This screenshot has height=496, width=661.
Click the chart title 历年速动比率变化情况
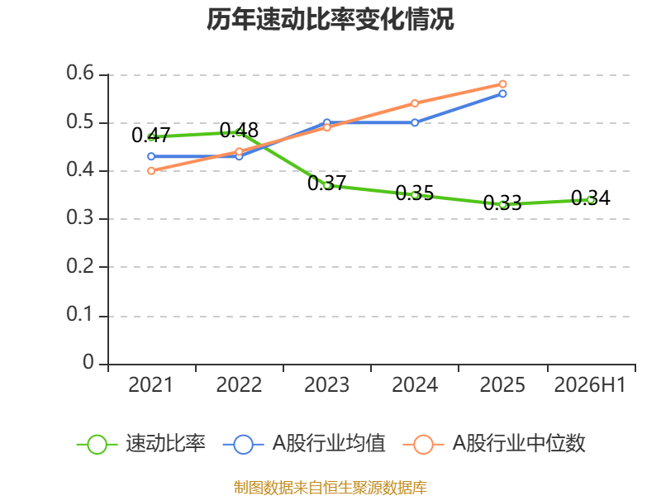click(330, 19)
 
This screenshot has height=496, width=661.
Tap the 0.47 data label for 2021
click(151, 136)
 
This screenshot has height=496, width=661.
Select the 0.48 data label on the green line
click(239, 131)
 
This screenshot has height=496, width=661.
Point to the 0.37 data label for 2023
click(326, 183)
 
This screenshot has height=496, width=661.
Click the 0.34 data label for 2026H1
click(591, 198)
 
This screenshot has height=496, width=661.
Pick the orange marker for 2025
click(502, 84)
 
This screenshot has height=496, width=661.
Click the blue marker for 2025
click(502, 93)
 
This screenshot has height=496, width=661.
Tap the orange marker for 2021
click(151, 171)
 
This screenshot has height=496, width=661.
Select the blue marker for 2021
click(151, 156)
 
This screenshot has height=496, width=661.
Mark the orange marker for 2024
click(415, 103)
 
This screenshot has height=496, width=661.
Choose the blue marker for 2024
click(415, 122)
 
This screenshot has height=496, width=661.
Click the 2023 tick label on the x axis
click(326, 385)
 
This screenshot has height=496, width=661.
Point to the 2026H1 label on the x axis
click(590, 385)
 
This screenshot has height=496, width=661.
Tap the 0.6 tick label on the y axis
click(80, 73)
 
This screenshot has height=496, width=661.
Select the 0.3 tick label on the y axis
click(80, 217)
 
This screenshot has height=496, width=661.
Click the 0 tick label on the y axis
click(88, 362)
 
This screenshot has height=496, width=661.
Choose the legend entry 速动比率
click(141, 444)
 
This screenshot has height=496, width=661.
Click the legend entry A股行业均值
click(304, 444)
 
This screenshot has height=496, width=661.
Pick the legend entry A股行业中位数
click(494, 444)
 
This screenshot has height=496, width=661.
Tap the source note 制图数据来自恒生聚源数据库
click(330, 488)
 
